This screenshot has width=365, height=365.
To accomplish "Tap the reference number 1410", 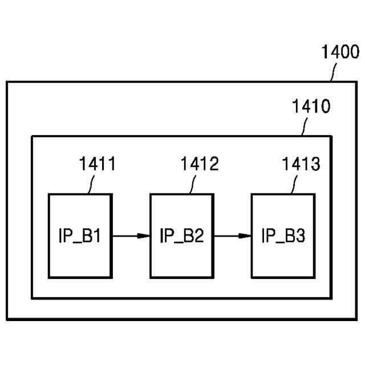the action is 310,107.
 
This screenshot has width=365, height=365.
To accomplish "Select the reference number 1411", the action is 97,165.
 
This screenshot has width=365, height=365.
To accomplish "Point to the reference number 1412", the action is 200,165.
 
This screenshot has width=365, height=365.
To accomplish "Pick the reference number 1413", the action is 301,165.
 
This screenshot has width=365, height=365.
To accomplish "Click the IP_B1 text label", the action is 80,236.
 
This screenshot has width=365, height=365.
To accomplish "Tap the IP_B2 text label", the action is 181,236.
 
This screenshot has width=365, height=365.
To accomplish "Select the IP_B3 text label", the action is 283,236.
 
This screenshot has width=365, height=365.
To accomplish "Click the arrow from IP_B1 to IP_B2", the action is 131,236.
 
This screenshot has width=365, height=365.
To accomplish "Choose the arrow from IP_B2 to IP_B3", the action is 232,236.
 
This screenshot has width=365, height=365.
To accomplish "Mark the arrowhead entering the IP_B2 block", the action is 145,236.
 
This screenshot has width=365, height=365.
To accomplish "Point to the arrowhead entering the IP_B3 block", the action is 246,236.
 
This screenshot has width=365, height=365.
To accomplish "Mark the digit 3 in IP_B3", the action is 301,236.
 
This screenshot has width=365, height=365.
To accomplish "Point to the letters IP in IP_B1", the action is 64,236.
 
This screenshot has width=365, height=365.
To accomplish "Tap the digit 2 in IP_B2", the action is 198,236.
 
